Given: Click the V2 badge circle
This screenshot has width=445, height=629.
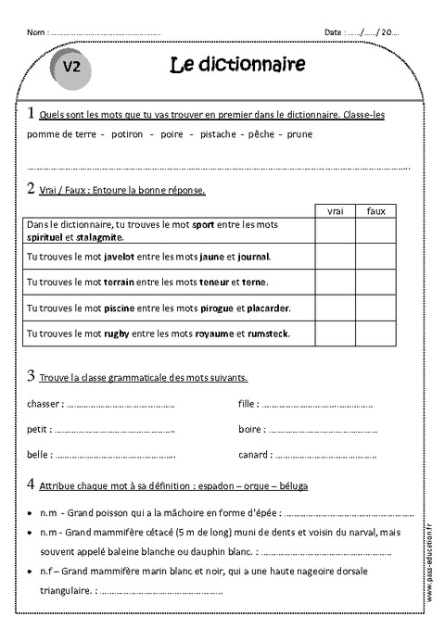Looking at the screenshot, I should (73, 68).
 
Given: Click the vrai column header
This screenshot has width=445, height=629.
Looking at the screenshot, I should (336, 212).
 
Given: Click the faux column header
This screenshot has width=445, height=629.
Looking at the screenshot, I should (375, 212).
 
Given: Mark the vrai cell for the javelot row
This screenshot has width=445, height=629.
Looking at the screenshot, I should (336, 256).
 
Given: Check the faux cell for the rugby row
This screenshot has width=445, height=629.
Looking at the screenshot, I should (375, 332).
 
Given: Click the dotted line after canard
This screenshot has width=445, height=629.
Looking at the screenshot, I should (325, 456).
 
